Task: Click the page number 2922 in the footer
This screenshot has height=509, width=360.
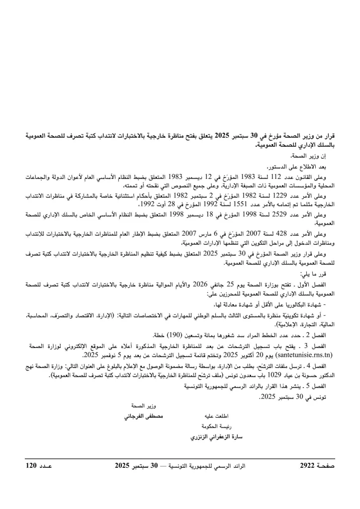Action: point(309,465)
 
